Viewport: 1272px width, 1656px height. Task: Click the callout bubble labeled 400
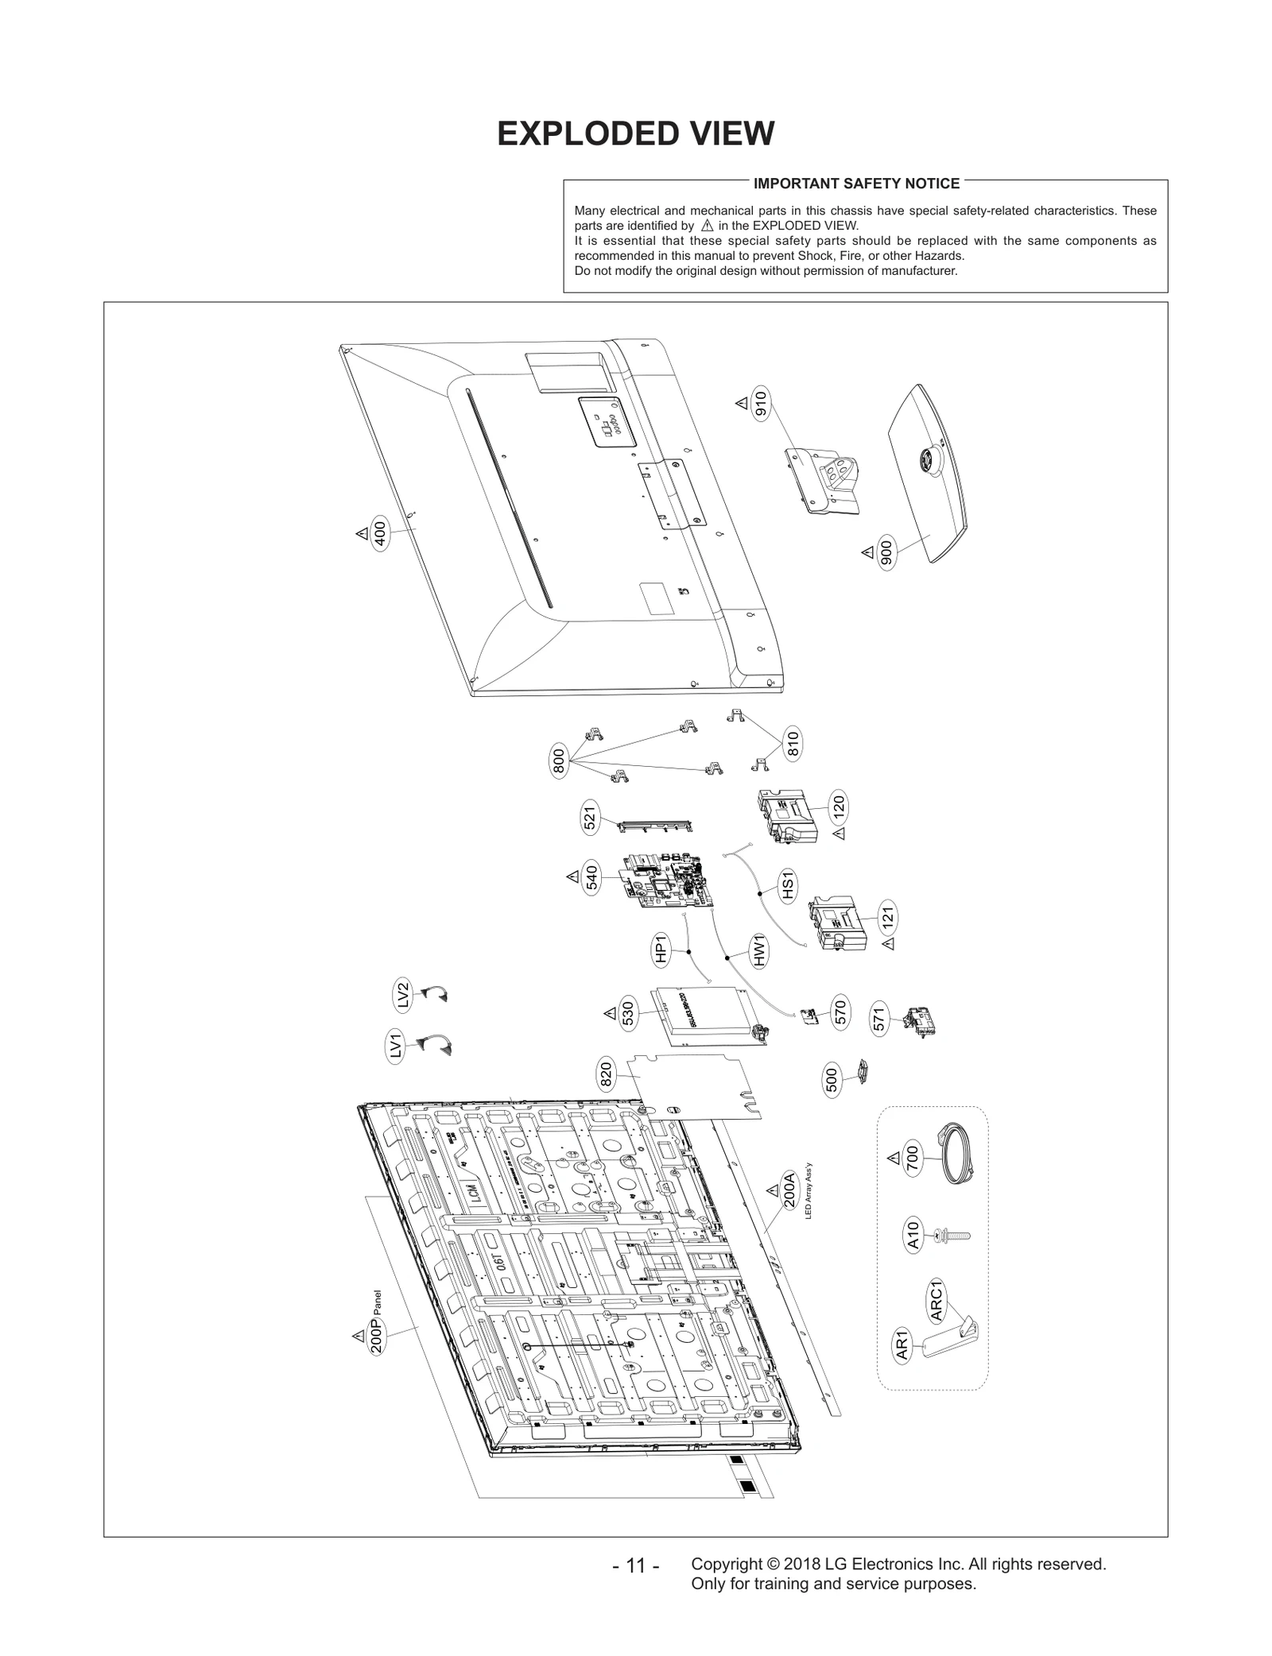click(380, 534)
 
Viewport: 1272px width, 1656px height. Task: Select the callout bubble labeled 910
click(760, 404)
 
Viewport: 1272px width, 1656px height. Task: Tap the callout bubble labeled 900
click(887, 552)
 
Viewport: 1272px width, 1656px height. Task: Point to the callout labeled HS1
click(787, 885)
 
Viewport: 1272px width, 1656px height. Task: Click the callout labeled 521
click(590, 819)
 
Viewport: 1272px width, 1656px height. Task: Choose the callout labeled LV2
click(403, 996)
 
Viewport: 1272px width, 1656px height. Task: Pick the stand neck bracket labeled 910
click(824, 479)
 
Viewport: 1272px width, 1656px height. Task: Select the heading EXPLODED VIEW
click(635, 133)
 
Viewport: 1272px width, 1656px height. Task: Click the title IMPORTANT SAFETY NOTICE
click(856, 184)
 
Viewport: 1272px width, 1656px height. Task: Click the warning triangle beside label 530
click(610, 1013)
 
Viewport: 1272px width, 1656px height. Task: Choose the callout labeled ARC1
click(937, 1302)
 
